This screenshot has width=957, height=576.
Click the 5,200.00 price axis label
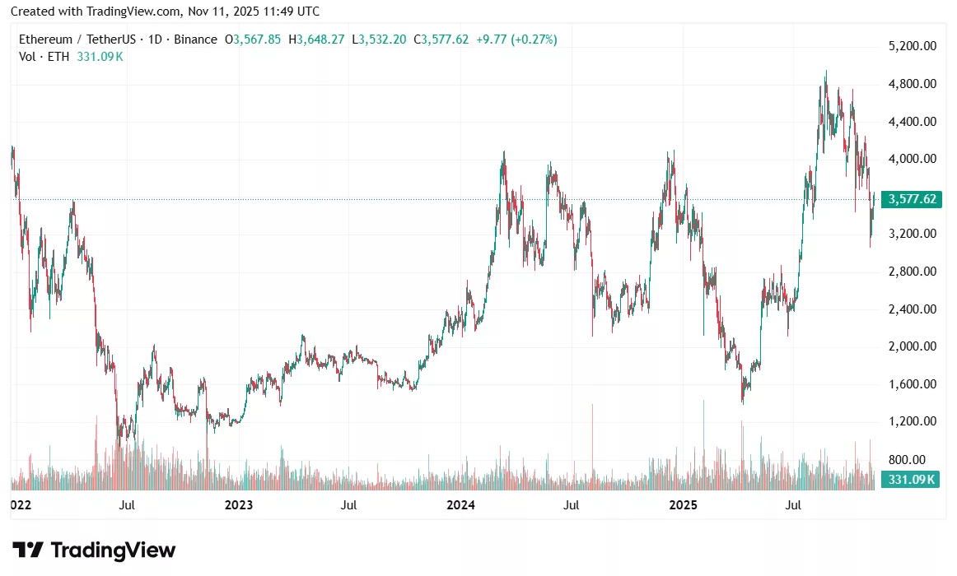[913, 46]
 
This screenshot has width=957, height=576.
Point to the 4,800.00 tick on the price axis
[913, 84]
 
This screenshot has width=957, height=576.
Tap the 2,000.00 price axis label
[913, 346]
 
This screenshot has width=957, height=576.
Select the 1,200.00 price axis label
[913, 421]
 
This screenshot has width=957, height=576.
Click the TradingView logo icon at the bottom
[27, 550]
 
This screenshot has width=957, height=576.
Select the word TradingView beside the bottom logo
[113, 550]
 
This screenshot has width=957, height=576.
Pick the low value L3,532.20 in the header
[379, 39]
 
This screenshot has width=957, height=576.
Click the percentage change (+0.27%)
[533, 39]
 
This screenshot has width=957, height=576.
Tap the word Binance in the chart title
[197, 39]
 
